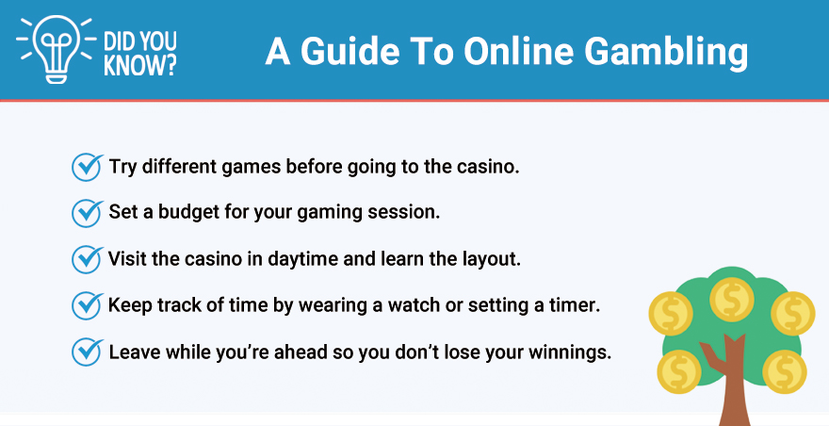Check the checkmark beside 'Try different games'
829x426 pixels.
click(x=88, y=167)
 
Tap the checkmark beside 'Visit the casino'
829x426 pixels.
click(x=88, y=258)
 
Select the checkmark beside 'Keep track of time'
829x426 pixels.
click(x=88, y=304)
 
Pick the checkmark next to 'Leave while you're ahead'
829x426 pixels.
click(x=88, y=351)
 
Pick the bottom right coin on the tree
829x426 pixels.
click(x=784, y=371)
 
